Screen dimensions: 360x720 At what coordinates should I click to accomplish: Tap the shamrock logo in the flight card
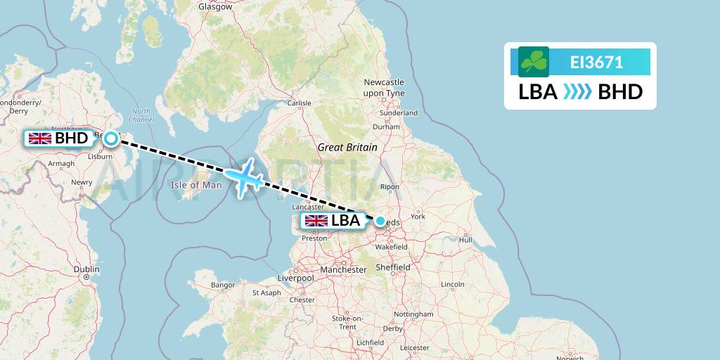534,62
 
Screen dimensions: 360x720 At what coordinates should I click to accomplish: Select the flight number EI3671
596,63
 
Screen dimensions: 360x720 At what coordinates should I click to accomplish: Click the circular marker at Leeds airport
380,221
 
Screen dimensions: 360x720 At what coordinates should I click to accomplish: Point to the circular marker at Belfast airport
111,139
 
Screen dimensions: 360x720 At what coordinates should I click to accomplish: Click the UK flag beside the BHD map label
39,139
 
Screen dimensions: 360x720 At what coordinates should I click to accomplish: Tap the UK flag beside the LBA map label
316,221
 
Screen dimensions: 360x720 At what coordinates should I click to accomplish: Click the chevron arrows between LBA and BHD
577,92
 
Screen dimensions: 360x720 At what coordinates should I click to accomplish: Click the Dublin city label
86,269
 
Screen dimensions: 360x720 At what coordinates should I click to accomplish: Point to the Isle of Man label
196,186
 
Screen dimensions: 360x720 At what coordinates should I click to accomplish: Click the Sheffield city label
392,267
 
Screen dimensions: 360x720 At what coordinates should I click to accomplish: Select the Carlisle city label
299,103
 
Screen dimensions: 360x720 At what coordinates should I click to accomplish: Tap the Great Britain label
347,148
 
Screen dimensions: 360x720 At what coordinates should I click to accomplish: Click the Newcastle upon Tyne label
384,87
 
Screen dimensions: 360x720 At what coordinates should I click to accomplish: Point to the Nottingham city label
413,314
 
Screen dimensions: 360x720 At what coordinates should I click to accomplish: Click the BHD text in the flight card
619,92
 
